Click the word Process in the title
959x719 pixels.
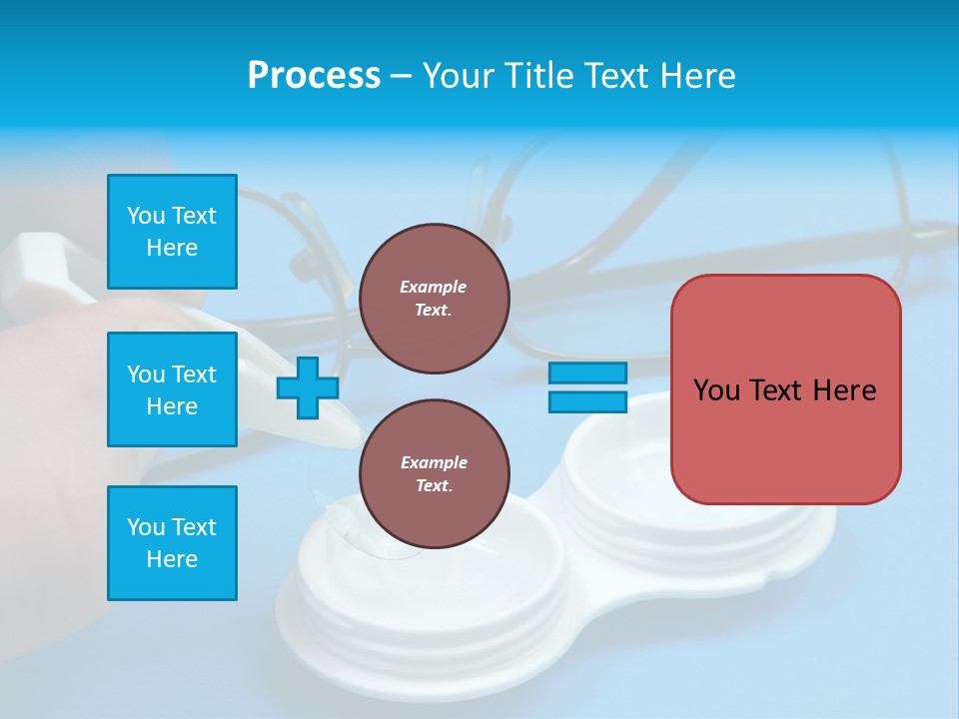[314, 76]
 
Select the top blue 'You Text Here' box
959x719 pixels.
[172, 232]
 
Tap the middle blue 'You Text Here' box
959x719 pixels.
[172, 389]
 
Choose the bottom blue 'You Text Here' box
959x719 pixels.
[172, 543]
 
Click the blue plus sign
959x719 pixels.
[308, 387]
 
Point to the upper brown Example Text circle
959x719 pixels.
[434, 299]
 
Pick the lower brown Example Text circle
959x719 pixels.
[434, 474]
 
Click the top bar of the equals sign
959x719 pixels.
[587, 372]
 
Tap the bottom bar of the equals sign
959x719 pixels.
[587, 402]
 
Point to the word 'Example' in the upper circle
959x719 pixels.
[433, 287]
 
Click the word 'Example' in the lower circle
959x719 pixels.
[434, 462]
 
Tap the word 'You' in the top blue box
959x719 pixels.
[146, 216]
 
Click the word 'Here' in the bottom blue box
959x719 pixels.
[172, 559]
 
